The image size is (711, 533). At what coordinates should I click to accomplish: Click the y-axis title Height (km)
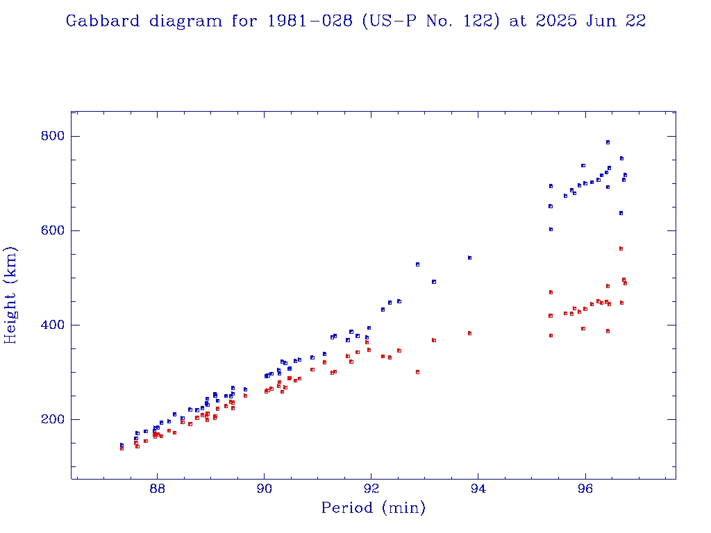[x=11, y=295]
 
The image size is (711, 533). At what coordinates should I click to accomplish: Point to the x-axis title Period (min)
[x=373, y=508]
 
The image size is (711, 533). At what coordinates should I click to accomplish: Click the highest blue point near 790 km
[x=608, y=142]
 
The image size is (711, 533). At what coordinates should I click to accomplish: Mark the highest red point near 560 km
[x=621, y=248]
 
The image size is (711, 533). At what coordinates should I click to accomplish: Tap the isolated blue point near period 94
[x=469, y=257]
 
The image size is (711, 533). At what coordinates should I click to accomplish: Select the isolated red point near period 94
[x=469, y=333]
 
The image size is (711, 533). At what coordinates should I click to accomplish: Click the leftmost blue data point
[x=122, y=445]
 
